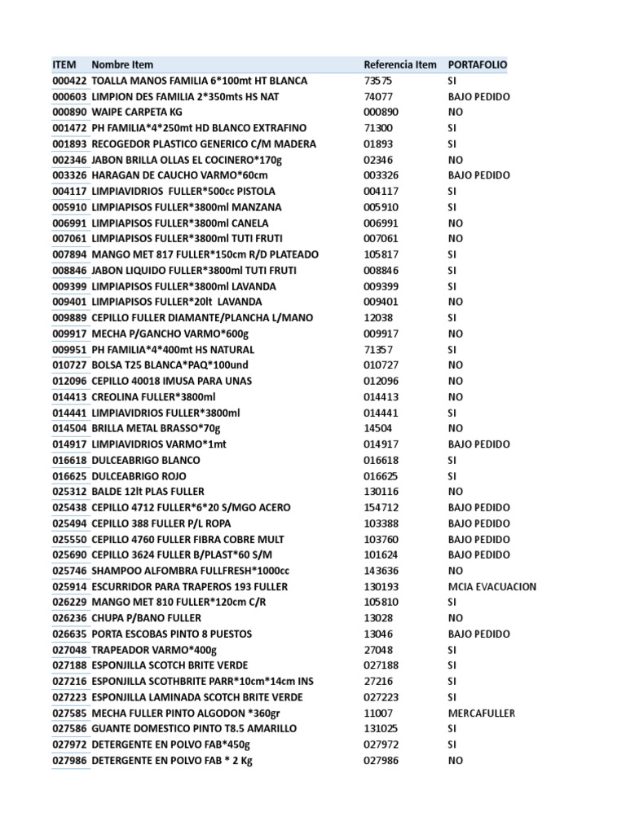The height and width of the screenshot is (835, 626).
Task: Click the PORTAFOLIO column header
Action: tap(477, 64)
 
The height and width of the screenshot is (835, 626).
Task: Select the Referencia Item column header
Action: tap(399, 64)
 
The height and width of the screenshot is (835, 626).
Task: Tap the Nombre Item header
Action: tap(122, 64)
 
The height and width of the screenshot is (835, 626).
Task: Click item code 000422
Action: tap(69, 81)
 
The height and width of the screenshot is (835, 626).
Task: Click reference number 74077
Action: tap(377, 96)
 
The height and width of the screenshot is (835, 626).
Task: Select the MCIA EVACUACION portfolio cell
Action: tap(492, 586)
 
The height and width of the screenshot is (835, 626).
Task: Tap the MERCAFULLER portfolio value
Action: tap(481, 713)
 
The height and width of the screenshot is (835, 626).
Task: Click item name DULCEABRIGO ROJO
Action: tap(139, 475)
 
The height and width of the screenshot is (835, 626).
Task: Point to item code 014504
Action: tap(69, 428)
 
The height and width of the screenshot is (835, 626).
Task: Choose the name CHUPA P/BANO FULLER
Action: tap(147, 618)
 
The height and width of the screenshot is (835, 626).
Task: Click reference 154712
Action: tap(381, 507)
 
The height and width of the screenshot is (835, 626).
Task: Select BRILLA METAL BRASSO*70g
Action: tap(156, 428)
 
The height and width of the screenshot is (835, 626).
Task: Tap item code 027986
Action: tap(69, 760)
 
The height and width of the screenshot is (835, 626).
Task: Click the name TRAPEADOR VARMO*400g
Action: tap(155, 649)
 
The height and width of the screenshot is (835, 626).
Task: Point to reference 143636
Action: tap(381, 571)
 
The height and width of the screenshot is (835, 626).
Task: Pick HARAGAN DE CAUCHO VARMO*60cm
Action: tap(180, 175)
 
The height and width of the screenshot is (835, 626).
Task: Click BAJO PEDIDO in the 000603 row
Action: tap(478, 96)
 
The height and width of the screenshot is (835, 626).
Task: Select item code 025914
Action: tap(69, 586)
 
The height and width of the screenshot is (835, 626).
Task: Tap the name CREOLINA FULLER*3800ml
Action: tap(154, 396)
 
